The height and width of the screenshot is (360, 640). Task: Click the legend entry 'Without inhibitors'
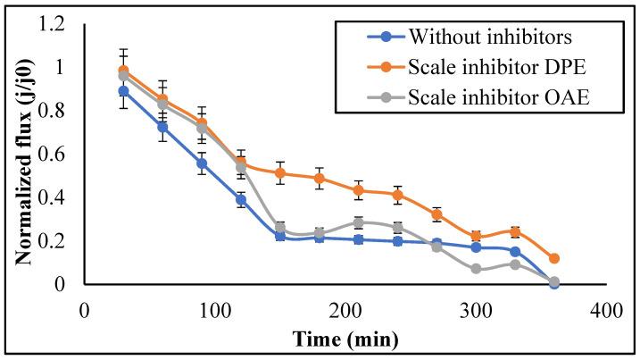point(483,37)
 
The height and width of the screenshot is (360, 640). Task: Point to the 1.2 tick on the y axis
point(60,25)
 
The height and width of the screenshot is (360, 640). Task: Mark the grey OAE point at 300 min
point(476,269)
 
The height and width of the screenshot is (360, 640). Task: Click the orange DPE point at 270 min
point(436,214)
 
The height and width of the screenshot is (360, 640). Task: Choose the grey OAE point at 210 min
point(358,222)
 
